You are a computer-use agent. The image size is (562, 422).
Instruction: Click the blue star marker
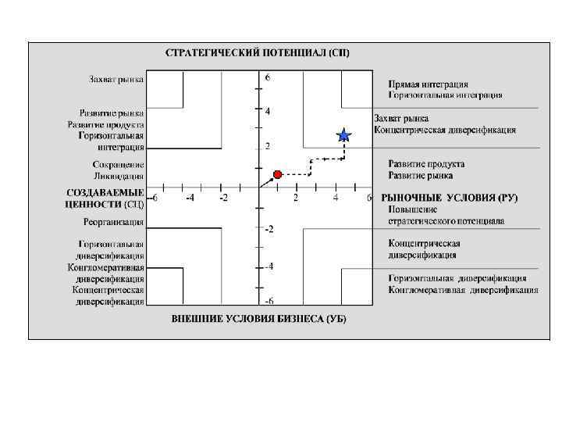[x=343, y=135]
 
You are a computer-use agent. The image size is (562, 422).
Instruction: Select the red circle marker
[x=277, y=173]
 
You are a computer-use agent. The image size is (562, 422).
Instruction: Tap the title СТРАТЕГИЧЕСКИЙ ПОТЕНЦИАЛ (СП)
[x=258, y=53]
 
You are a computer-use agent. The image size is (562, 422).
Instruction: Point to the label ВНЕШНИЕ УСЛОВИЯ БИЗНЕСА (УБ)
[x=258, y=319]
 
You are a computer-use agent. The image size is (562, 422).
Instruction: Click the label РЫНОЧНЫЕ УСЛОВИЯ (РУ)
[x=449, y=198]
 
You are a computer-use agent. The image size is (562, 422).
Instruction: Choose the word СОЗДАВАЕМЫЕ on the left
[x=105, y=192]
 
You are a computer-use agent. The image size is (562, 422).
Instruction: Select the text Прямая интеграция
[x=429, y=84]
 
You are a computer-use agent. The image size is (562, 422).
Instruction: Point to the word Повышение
[x=413, y=209]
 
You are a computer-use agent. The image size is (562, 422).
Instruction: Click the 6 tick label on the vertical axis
[x=268, y=78]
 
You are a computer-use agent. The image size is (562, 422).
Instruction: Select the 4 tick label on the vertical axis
[x=268, y=112]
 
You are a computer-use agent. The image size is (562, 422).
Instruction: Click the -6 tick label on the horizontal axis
[x=154, y=198]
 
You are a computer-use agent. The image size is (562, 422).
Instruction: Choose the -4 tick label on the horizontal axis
[x=190, y=198]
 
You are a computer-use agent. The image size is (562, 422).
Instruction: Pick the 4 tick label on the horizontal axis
[x=336, y=198]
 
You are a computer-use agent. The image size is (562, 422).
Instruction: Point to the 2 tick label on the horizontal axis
[x=296, y=198]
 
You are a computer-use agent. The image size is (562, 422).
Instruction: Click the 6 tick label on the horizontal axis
[x=369, y=198]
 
